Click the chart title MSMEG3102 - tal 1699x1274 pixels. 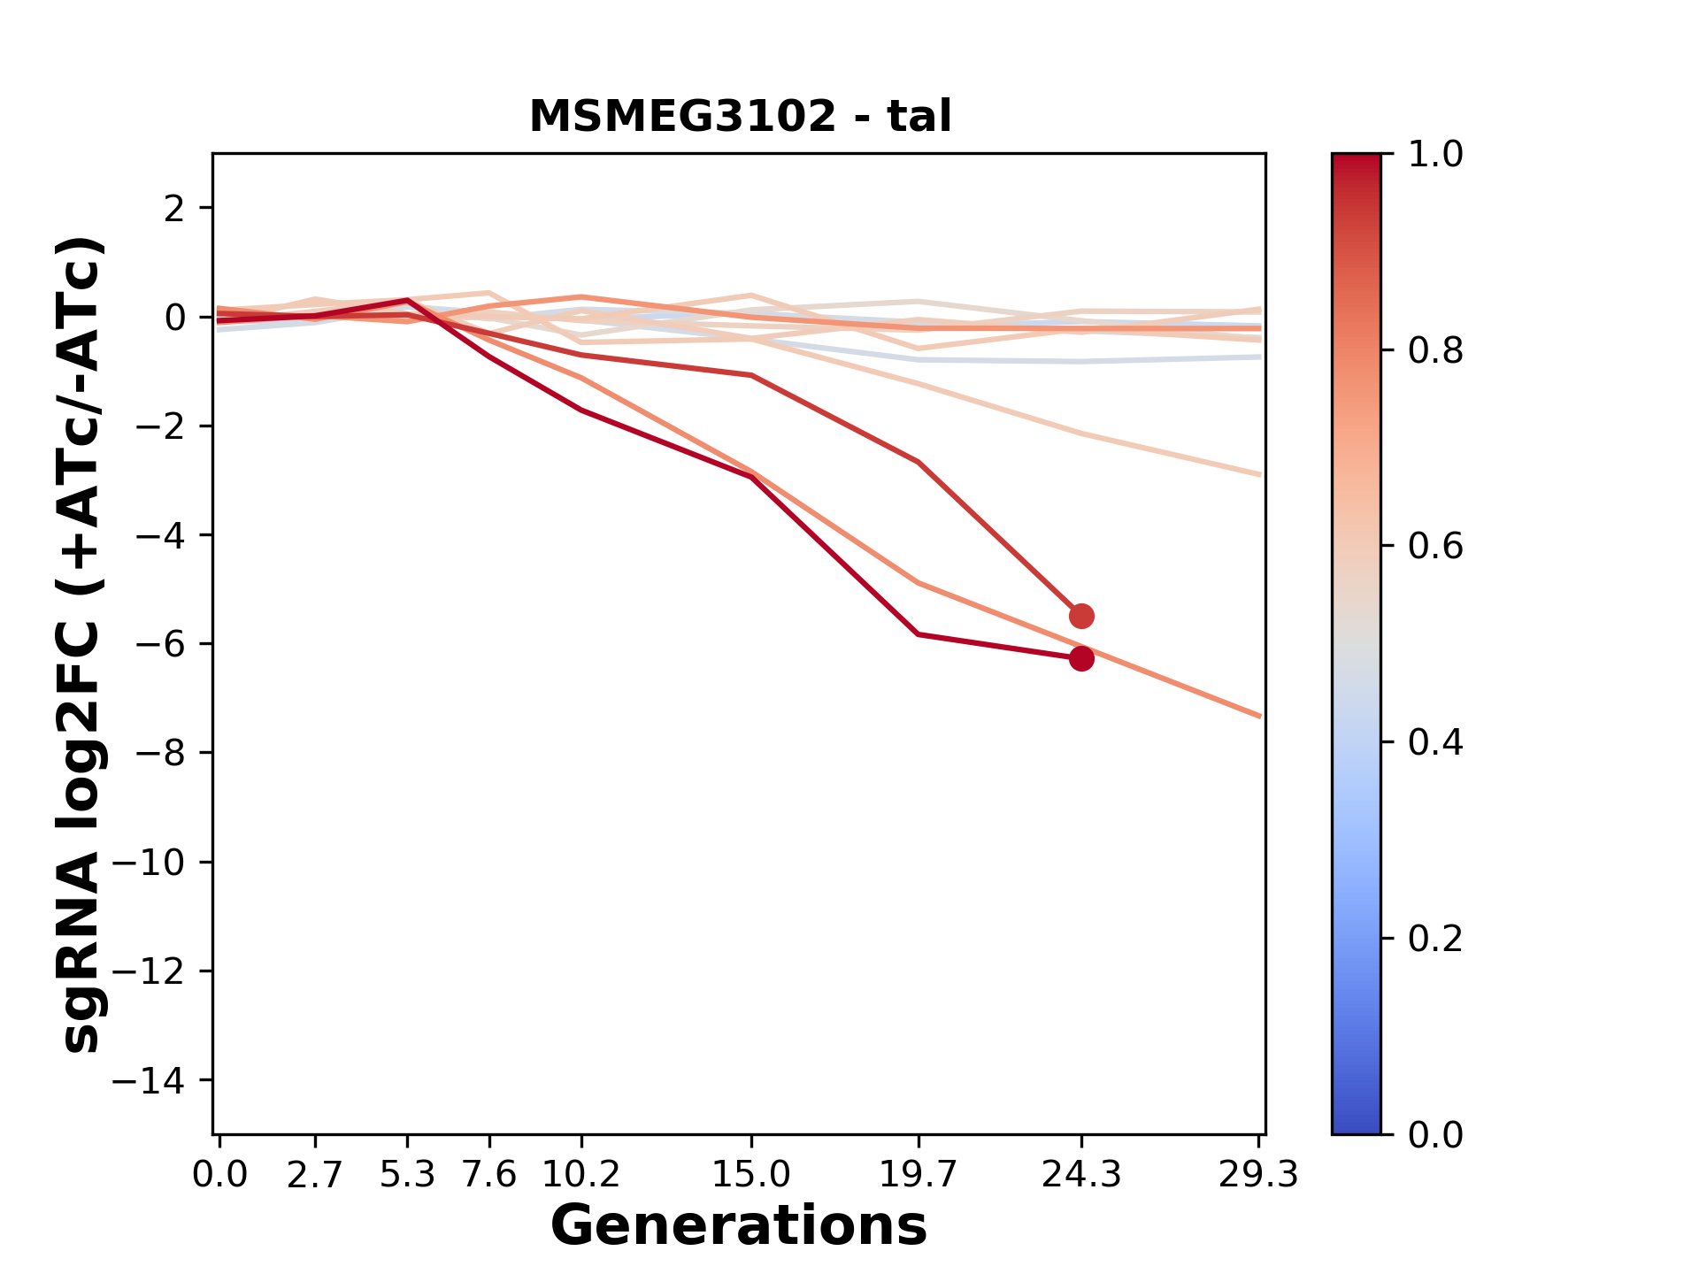coord(740,117)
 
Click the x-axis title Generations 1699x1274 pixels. coord(739,1226)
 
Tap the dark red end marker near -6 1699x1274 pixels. coord(1081,658)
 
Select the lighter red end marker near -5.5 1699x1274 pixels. coord(1081,616)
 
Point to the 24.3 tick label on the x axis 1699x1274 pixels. coord(1081,1175)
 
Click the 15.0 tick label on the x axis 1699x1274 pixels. coord(751,1175)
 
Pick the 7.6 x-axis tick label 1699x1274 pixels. coord(489,1175)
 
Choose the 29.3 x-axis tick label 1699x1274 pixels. coord(1258,1175)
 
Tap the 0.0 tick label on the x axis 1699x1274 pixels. coord(219,1175)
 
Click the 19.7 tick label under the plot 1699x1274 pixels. coord(919,1175)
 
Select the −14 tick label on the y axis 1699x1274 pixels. coord(148,1080)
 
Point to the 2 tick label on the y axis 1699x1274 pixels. coord(175,209)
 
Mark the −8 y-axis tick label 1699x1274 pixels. coord(159,754)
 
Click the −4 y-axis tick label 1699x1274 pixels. coord(159,535)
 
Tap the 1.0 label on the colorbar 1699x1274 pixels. coord(1435,155)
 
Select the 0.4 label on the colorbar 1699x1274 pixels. coord(1435,742)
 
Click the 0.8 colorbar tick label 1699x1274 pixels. coord(1435,351)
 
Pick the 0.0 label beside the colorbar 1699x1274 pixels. coord(1435,1134)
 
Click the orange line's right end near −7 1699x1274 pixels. coord(1257,715)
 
